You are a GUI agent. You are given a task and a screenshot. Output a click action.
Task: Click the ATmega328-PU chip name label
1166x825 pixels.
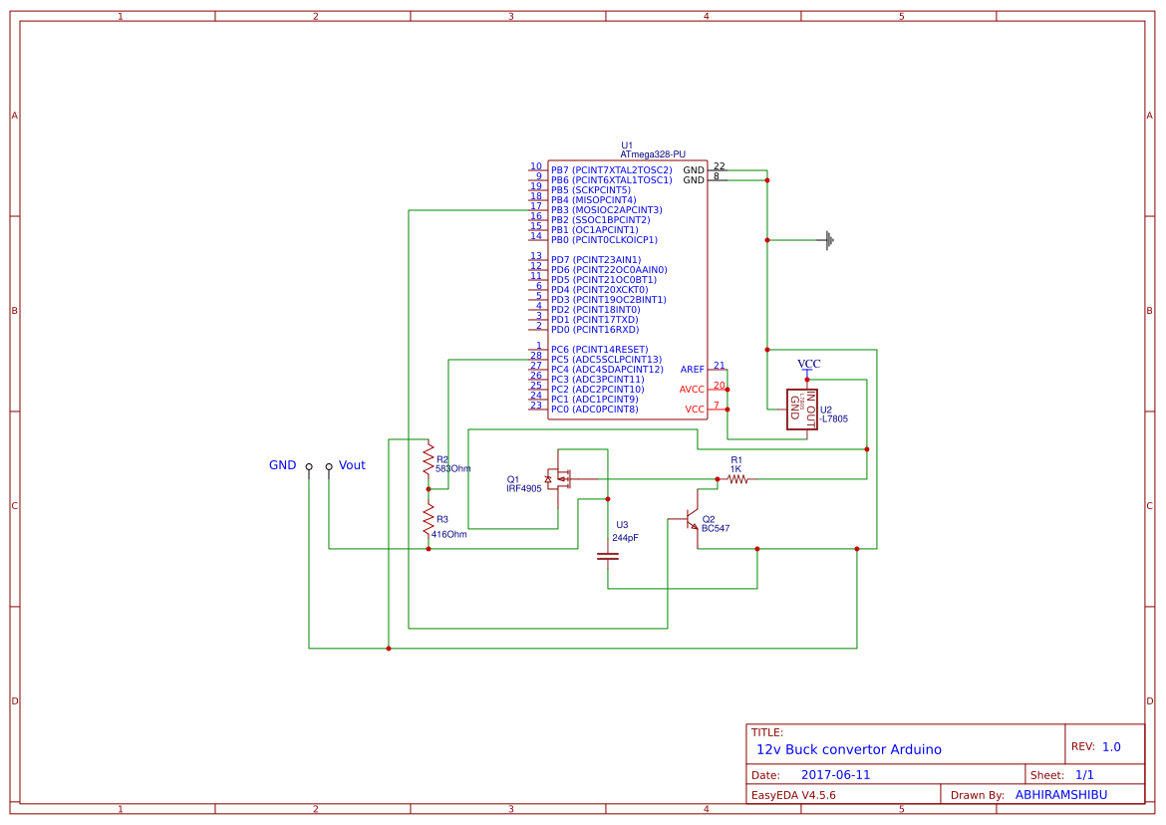[x=653, y=154]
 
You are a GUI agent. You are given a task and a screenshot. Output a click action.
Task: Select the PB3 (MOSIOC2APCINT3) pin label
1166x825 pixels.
[x=606, y=210]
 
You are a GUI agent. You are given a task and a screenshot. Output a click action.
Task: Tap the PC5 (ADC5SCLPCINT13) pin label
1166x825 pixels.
[x=606, y=360]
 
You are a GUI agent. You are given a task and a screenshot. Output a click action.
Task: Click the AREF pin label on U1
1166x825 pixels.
[x=692, y=370]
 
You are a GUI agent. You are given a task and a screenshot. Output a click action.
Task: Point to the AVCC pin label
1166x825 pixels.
[x=692, y=390]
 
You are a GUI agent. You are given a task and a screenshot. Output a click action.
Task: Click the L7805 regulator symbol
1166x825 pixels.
[x=801, y=409]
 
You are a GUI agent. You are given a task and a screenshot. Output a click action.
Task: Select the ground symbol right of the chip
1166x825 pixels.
[x=828, y=239]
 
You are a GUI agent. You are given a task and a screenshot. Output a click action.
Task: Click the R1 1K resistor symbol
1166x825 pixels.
[x=736, y=479]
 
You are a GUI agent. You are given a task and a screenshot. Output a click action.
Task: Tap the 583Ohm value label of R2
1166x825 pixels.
[x=452, y=468]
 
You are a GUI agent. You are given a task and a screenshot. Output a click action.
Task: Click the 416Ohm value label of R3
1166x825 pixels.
[x=448, y=534]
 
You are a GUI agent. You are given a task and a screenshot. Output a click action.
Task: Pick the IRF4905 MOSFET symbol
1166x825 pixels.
[x=559, y=478]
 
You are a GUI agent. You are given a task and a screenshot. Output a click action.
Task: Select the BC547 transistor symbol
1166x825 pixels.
[x=690, y=521]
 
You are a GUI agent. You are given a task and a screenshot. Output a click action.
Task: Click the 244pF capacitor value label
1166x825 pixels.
[x=625, y=537]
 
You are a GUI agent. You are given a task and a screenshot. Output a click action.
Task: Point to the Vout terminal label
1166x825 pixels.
[x=352, y=465]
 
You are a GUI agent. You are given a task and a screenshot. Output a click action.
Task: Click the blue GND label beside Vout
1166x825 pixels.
[x=282, y=465]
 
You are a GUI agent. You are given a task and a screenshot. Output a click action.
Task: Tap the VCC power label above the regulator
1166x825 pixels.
[x=809, y=364]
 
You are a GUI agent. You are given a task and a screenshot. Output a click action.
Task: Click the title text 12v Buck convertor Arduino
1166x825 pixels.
[x=848, y=749]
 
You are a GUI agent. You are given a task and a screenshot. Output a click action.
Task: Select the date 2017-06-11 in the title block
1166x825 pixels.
[x=835, y=774]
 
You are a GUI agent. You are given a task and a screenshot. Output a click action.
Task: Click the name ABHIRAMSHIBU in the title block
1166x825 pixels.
[x=1061, y=795]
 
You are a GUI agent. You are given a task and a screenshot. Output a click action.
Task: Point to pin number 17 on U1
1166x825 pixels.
[x=536, y=206]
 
